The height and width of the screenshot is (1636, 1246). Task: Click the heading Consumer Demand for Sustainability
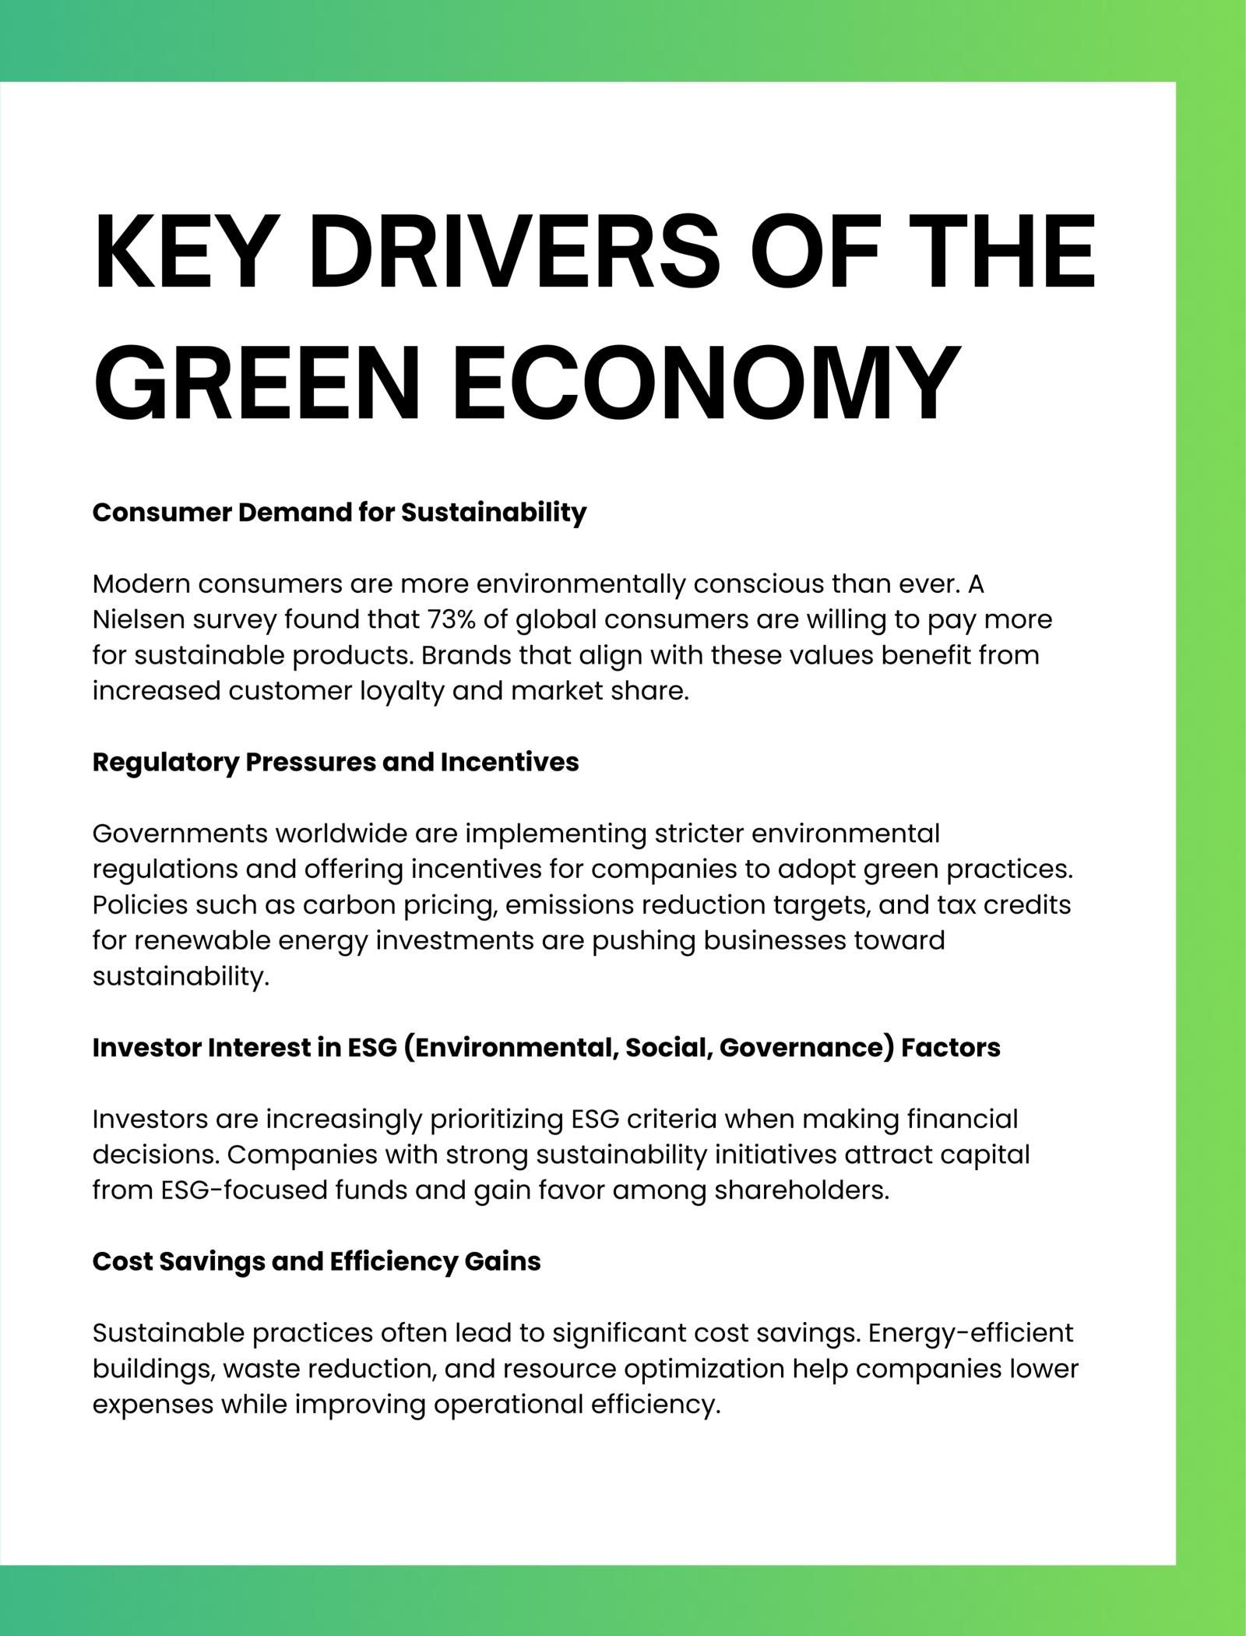[339, 513]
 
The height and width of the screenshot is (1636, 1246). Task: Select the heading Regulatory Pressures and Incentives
[336, 762]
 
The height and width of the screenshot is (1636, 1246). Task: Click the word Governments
[178, 834]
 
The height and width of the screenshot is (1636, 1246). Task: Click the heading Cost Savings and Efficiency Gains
[316, 1261]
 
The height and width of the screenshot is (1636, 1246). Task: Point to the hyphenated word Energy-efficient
[970, 1333]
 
